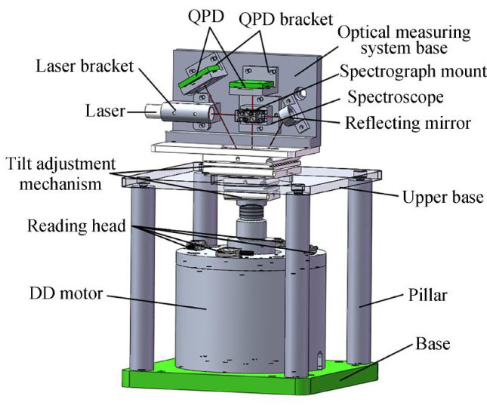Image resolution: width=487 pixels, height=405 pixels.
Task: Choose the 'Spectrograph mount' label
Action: tap(405, 73)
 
